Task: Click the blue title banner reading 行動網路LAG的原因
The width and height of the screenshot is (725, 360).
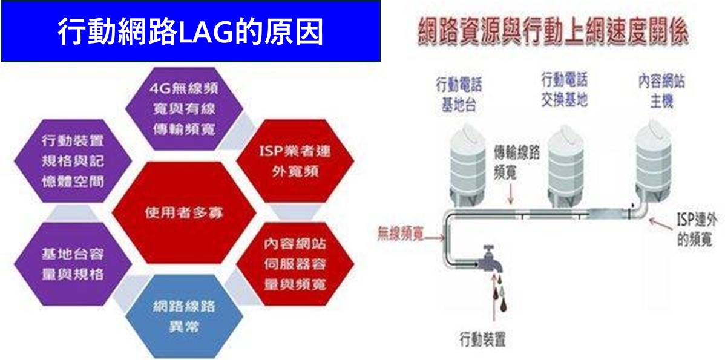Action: click(x=191, y=31)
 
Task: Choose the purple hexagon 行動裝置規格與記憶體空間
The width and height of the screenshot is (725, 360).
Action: click(x=72, y=160)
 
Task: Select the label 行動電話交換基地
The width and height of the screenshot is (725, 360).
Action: click(x=564, y=89)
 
